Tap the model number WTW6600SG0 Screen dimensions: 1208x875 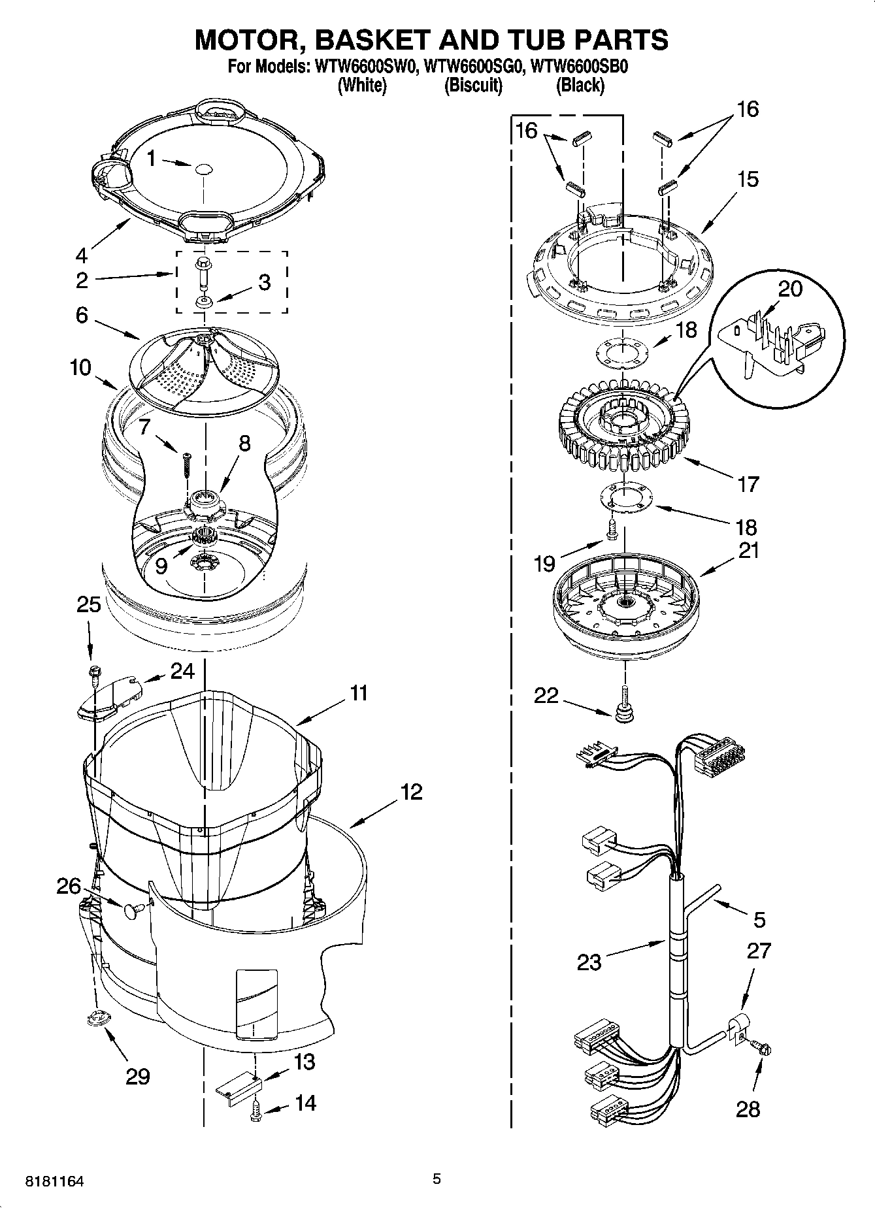[474, 66]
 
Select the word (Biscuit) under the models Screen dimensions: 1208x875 [473, 86]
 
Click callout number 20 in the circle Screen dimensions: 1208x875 [790, 288]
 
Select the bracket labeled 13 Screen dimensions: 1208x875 [239, 1087]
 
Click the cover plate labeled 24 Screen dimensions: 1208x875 [108, 700]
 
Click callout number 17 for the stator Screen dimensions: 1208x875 [748, 484]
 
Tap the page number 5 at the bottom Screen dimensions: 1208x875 [437, 1179]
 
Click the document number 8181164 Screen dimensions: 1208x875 [54, 1181]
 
